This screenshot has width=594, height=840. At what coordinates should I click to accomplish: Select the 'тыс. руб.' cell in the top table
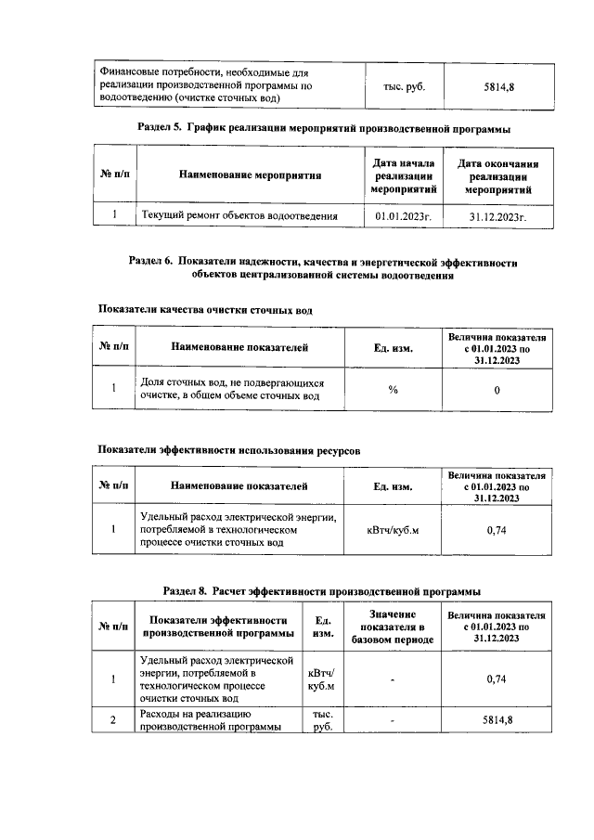(404, 86)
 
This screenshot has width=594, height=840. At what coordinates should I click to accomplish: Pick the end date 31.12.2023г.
(498, 216)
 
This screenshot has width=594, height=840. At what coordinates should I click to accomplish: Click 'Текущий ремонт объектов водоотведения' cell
(239, 216)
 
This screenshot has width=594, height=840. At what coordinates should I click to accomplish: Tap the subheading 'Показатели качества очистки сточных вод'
(205, 310)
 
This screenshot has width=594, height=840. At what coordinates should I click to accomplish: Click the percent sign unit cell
(394, 390)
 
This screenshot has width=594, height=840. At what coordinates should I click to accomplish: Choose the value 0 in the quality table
(497, 390)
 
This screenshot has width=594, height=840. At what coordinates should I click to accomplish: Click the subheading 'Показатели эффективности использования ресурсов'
(229, 450)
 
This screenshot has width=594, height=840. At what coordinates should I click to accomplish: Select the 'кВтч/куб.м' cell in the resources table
(394, 530)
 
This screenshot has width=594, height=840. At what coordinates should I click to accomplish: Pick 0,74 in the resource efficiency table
(497, 530)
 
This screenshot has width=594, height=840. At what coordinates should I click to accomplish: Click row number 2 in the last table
(113, 719)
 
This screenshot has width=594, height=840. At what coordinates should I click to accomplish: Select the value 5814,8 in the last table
(497, 719)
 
